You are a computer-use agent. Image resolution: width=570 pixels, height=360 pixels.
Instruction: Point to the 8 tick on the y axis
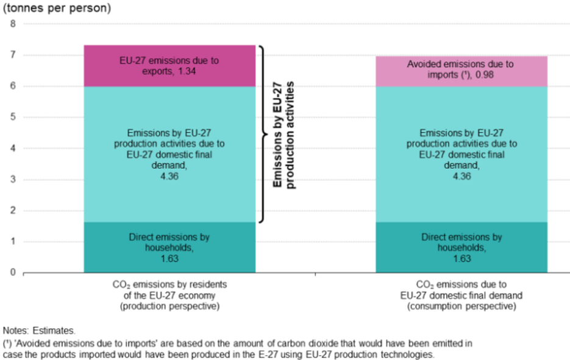pos(13,24)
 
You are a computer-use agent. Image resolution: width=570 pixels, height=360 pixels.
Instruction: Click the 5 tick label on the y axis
pos(13,117)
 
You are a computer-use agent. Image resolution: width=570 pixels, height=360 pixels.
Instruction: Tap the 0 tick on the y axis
pos(13,272)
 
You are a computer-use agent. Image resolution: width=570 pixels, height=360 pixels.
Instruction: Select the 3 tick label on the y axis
pos(13,179)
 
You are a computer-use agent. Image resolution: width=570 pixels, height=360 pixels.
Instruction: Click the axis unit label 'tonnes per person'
pos(58,9)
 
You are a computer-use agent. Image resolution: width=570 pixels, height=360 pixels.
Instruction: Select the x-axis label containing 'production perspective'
pos(169,295)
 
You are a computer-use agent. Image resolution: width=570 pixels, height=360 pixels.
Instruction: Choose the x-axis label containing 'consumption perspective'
pos(461,295)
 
